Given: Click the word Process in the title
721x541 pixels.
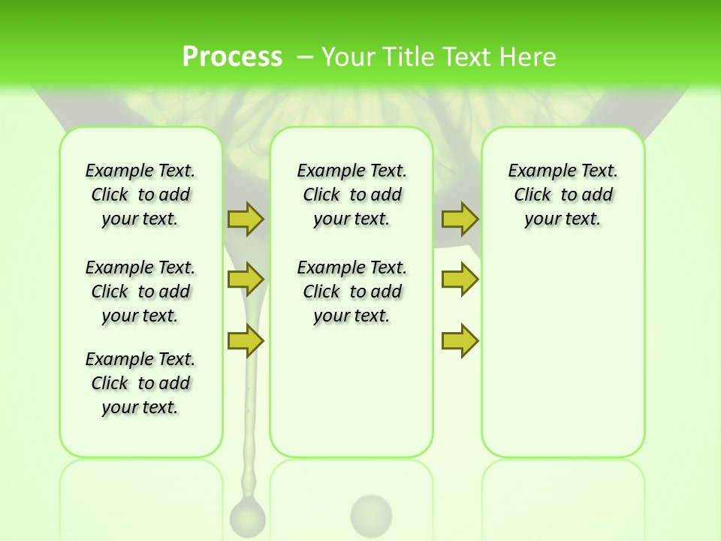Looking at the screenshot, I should [232, 57].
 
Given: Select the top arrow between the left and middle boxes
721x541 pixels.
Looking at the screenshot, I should [246, 219].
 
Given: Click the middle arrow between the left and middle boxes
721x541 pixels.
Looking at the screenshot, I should [246, 280].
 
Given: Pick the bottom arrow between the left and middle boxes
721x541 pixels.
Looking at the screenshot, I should [246, 340].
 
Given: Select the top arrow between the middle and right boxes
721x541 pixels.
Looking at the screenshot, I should [460, 219].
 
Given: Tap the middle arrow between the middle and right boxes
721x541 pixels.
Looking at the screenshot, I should [460, 280].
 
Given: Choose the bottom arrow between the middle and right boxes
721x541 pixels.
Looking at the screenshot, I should [460, 340].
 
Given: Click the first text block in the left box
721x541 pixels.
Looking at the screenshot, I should [140, 195].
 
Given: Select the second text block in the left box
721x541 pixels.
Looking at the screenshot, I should [140, 292].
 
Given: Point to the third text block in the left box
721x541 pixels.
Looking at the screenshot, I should [140, 383].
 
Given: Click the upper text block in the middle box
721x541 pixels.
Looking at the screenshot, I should [351, 195].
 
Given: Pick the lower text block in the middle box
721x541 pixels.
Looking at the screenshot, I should [351, 292].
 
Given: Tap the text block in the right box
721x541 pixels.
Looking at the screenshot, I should [563, 195].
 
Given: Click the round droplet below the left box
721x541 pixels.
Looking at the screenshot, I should [247, 517].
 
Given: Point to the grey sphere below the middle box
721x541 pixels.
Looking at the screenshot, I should [371, 515].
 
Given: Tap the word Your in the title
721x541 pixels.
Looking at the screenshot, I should [349, 57].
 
